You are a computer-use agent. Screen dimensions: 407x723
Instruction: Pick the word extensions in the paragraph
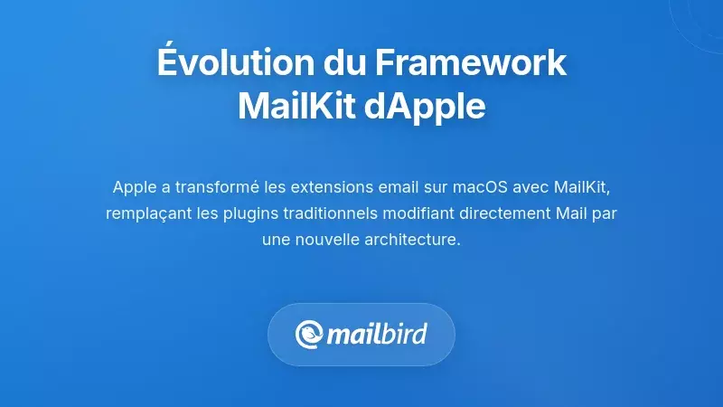pyautogui.click(x=303, y=187)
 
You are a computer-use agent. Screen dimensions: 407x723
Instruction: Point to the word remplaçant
pyautogui.click(x=145, y=214)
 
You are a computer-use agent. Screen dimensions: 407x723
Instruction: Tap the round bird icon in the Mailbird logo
pyautogui.click(x=309, y=335)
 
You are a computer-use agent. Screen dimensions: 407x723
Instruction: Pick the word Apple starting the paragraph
pyautogui.click(x=134, y=187)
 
